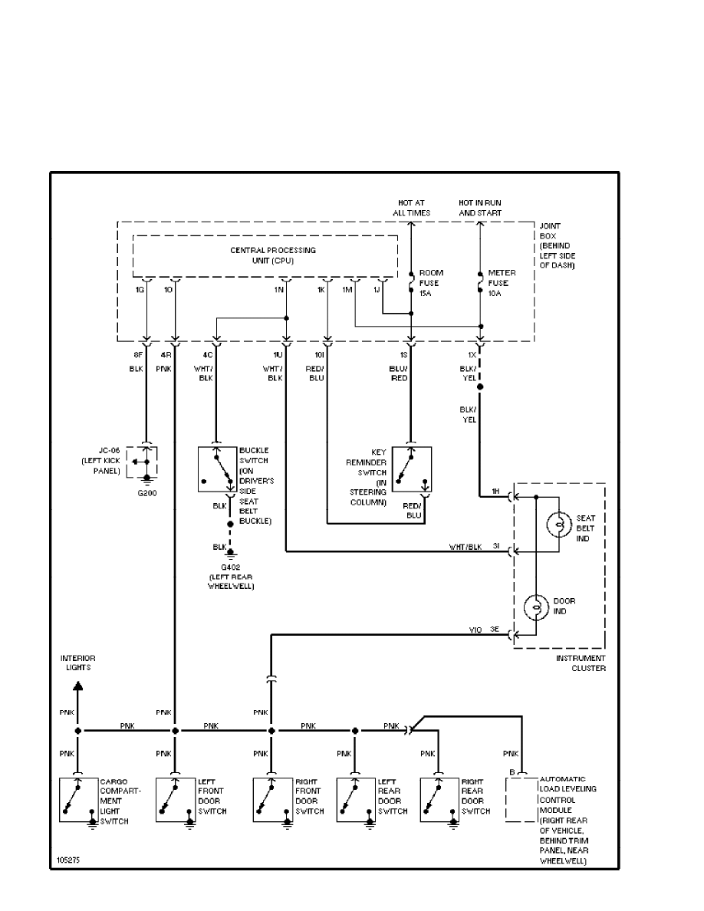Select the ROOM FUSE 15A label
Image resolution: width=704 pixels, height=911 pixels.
pyautogui.click(x=431, y=282)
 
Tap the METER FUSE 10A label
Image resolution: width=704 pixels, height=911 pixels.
pyautogui.click(x=502, y=282)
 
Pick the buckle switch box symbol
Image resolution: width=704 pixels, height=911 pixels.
pyautogui.click(x=218, y=468)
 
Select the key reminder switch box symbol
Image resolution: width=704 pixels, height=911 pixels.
pyautogui.click(x=411, y=468)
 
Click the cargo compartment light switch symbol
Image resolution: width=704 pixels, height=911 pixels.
pyautogui.click(x=79, y=801)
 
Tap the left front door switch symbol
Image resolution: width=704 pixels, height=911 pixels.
pyautogui.click(x=176, y=801)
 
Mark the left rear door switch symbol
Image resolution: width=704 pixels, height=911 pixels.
pyautogui.click(x=355, y=801)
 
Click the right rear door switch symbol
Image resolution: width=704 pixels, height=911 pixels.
pyautogui.click(x=439, y=801)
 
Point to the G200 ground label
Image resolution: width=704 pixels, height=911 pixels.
pyautogui.click(x=146, y=494)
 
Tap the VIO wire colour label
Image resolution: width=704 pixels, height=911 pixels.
pyautogui.click(x=475, y=630)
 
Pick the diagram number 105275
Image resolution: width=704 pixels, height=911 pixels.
pyautogui.click(x=67, y=860)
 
